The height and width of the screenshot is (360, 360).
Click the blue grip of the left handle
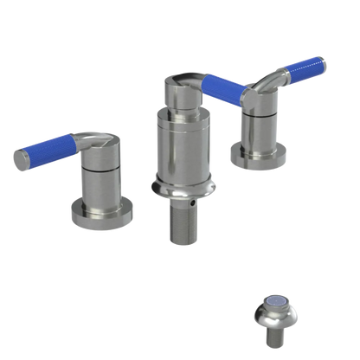tap(48, 151)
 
